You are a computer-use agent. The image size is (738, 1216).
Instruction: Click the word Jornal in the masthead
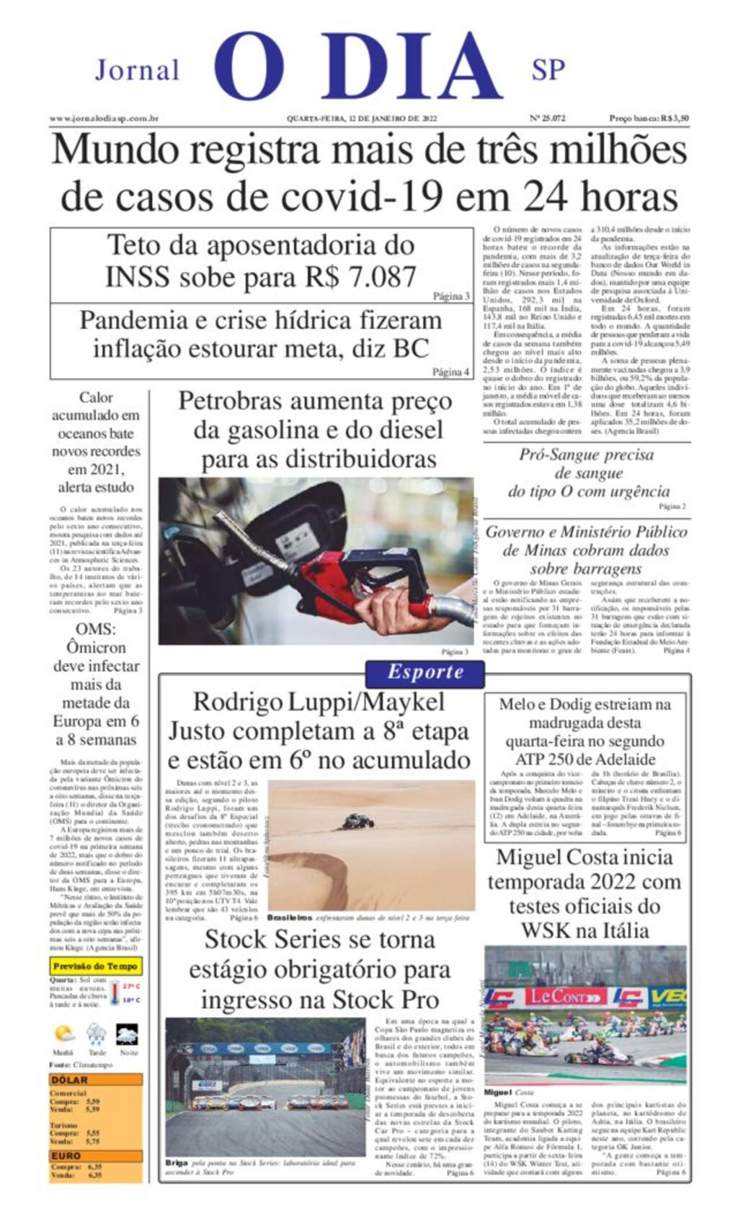(137, 70)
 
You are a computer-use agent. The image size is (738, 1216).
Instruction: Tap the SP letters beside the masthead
(548, 69)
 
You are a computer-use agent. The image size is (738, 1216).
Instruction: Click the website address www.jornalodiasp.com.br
(104, 118)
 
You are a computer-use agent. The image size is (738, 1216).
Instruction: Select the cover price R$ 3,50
(649, 118)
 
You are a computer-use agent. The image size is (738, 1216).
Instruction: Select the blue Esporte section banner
(425, 672)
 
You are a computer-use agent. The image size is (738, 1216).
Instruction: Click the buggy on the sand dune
(357, 821)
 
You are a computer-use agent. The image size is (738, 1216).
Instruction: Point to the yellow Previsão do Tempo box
(95, 966)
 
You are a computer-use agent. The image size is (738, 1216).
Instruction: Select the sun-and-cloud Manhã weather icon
(63, 1034)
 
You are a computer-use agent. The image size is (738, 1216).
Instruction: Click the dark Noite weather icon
(128, 1034)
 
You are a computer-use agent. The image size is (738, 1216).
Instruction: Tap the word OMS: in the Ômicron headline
(95, 629)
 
